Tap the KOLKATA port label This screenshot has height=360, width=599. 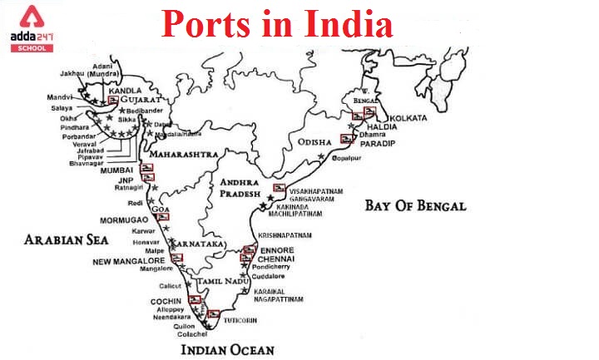408,118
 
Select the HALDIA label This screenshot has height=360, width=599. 394,126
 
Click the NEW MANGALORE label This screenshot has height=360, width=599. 129,261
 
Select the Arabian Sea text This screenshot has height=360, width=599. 66,240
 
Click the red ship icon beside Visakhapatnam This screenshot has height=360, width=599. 280,189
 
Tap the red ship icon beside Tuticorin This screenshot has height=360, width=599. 214,314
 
